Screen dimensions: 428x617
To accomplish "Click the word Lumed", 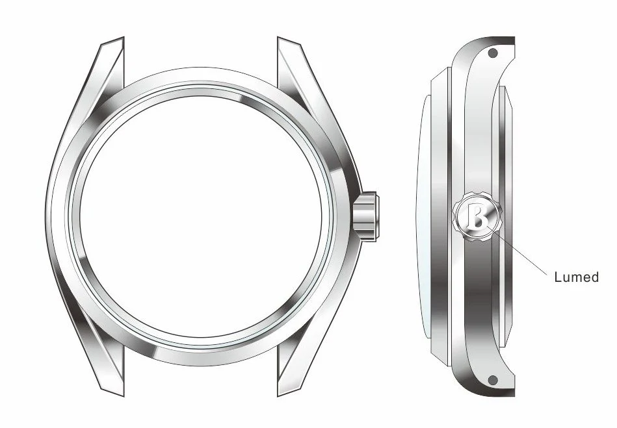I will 576,277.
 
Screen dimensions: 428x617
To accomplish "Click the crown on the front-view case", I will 367,216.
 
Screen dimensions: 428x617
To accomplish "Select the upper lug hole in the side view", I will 493,53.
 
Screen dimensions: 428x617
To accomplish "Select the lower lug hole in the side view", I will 493,379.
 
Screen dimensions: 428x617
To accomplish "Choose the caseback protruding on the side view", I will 506,214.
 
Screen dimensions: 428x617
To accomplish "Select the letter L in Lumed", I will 558,277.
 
